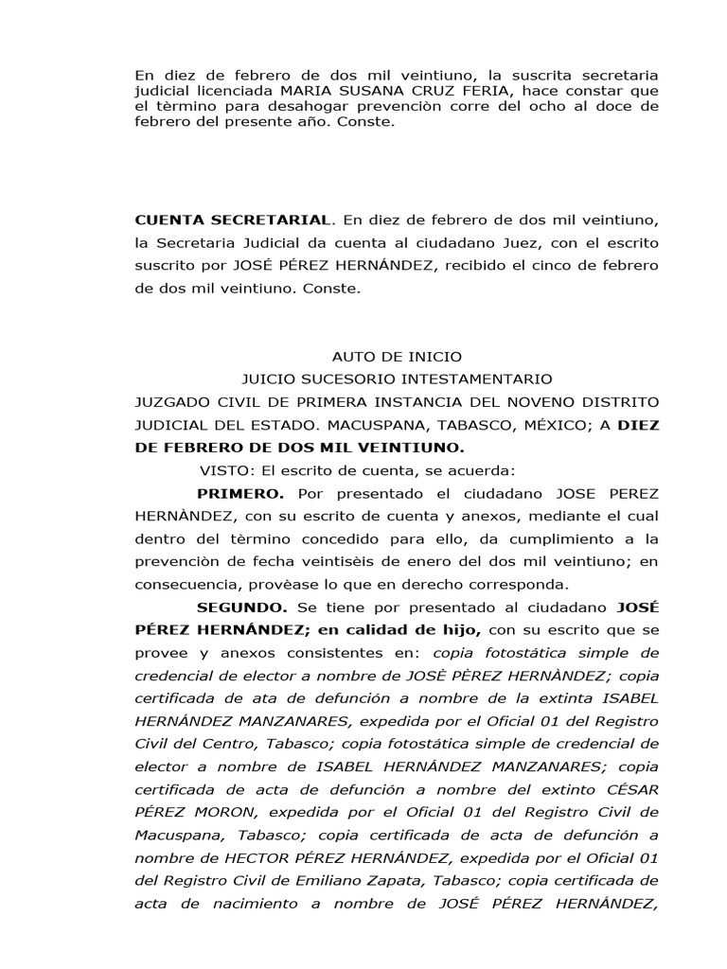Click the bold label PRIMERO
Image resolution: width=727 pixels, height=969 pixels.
pyautogui.click(x=239, y=493)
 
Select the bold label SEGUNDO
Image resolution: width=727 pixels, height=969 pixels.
pyautogui.click(x=241, y=607)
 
